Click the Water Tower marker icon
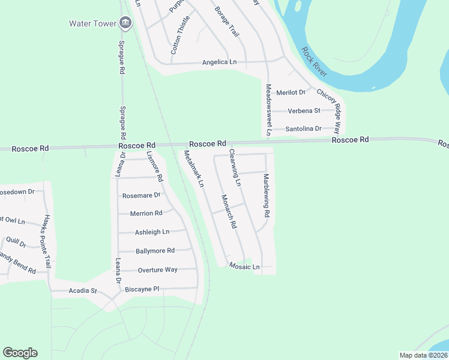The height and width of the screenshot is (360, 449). point(125,23)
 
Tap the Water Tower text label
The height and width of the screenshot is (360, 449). point(93,24)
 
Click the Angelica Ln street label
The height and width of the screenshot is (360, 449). point(219,62)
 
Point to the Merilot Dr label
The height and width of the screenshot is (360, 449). point(291,92)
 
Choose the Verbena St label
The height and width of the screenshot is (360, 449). point(304,111)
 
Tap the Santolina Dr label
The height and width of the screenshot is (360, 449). point(304,129)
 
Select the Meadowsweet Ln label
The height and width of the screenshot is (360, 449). point(269,109)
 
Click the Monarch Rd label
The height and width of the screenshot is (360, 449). point(229,212)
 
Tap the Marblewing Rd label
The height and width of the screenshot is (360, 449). point(267,196)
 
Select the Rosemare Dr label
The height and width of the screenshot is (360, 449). point(141,195)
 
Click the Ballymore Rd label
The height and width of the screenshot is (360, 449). point(155,250)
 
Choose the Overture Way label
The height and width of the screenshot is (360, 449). point(157,269)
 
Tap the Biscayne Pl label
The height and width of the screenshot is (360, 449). point(142,289)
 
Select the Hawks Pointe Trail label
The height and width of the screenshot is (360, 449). point(47,242)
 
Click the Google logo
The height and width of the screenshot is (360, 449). point(20,353)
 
